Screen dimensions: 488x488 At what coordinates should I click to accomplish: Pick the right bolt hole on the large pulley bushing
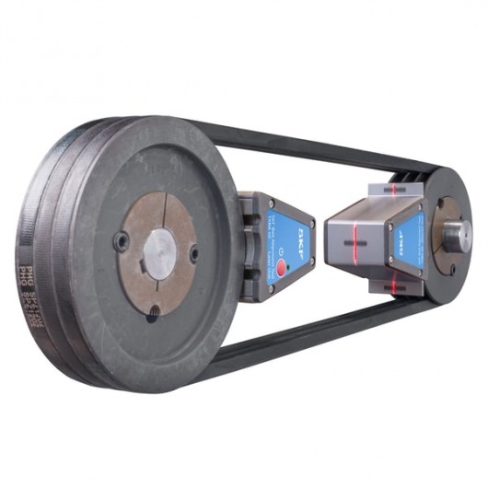193,253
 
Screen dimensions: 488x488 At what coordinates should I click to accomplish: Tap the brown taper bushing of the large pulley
138,221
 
